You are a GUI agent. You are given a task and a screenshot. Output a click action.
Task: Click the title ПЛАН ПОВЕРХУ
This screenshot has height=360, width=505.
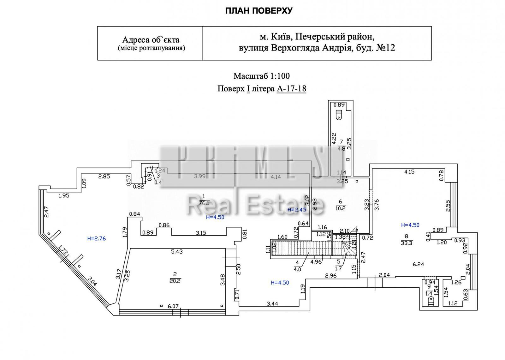click(259, 11)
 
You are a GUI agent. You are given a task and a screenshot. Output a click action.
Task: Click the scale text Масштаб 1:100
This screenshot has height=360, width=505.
click(261, 76)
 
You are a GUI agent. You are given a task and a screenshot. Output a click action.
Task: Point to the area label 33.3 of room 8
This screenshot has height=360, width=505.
click(406, 243)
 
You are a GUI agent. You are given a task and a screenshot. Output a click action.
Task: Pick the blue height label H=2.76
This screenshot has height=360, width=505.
click(96, 239)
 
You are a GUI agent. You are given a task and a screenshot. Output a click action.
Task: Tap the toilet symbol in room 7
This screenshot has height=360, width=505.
click(339, 115)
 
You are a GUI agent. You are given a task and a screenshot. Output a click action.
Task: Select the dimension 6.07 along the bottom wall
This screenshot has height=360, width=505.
click(173, 306)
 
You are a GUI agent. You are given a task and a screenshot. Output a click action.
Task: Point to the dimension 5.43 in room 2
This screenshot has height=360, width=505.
click(177, 252)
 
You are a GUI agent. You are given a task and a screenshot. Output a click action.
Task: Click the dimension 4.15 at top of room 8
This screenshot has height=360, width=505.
click(409, 172)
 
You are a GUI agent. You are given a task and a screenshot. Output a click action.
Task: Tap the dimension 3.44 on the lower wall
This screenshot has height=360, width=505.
click(272, 304)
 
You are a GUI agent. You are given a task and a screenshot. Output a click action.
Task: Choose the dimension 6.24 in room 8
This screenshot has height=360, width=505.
click(418, 264)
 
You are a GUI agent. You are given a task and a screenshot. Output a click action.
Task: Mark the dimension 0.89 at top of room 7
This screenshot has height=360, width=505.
click(339, 105)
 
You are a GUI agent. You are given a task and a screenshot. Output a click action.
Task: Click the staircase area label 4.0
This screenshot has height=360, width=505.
click(297, 269)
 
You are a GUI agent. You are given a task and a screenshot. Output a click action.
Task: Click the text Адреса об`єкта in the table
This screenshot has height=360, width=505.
click(151, 40)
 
